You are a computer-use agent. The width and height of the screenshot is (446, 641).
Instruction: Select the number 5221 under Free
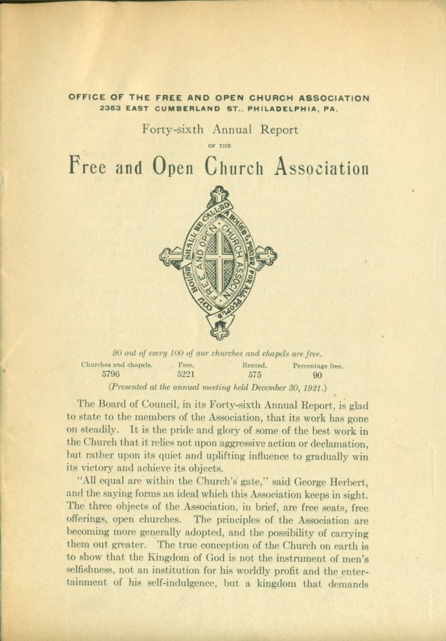click(186, 374)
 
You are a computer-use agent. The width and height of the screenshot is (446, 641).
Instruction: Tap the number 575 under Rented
click(255, 374)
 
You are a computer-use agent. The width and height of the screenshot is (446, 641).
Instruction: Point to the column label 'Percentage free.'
click(318, 365)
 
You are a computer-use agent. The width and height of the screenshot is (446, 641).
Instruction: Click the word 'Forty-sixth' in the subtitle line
click(175, 130)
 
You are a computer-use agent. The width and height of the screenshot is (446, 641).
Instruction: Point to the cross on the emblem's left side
click(169, 256)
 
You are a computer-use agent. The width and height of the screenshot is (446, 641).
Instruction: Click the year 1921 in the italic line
click(307, 388)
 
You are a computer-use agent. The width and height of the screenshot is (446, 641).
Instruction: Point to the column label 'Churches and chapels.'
click(116, 365)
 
